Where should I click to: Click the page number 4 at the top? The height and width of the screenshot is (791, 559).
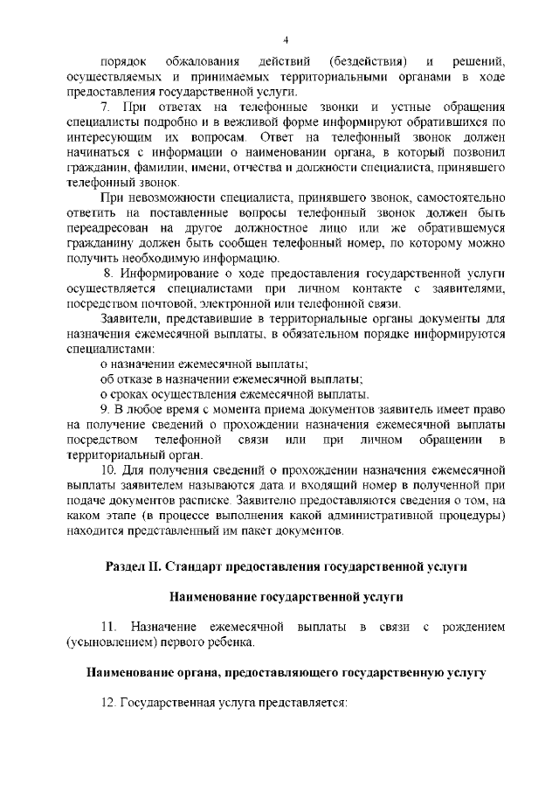(286, 40)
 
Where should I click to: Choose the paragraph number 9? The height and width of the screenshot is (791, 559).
(105, 410)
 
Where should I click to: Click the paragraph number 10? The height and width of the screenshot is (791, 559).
(108, 471)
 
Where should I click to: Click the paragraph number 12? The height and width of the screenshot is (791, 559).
(108, 703)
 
